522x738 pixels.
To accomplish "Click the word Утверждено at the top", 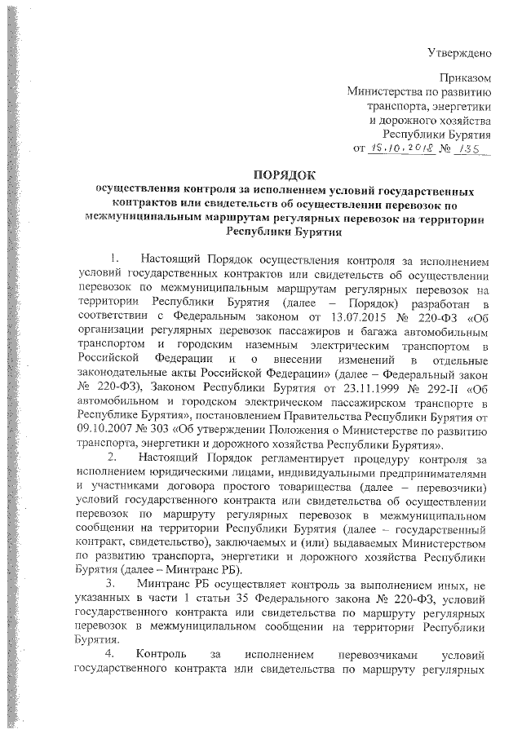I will click(x=459, y=54).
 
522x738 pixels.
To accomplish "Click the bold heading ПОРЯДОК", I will click(x=282, y=174).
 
